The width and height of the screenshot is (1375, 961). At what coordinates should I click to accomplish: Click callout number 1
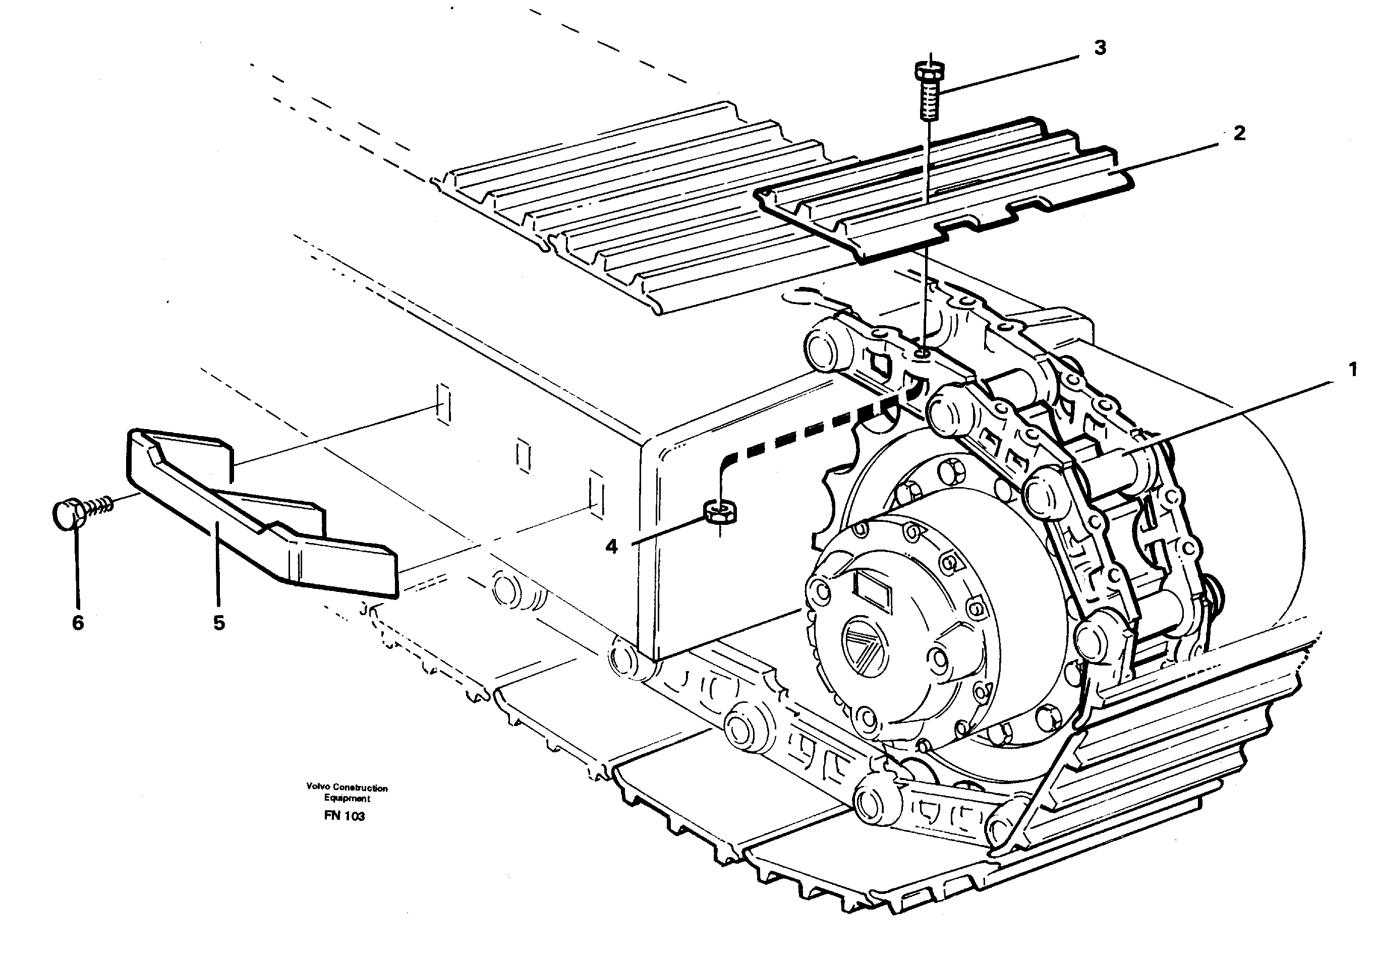click(x=1352, y=371)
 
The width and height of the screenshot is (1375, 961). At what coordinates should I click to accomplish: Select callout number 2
click(x=1239, y=133)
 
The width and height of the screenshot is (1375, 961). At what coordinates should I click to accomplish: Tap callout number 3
click(x=1100, y=48)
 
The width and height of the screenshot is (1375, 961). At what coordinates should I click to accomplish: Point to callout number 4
click(x=611, y=546)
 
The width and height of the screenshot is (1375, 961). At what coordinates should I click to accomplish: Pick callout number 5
click(x=219, y=623)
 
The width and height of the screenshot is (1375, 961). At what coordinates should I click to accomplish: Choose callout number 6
click(x=78, y=623)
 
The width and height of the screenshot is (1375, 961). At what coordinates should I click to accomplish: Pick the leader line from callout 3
click(x=1012, y=73)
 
